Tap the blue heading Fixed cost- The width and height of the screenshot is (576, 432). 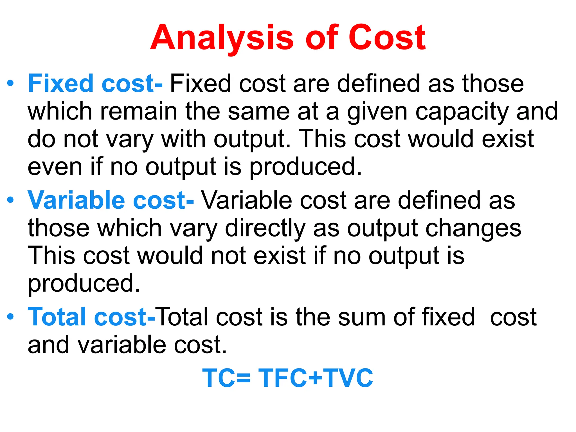[95, 84]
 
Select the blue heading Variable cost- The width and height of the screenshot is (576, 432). [111, 200]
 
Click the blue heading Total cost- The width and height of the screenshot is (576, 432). [91, 317]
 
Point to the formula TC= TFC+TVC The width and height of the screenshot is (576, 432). [287, 378]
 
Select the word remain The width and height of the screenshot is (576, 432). [139, 111]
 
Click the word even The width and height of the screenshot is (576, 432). [55, 167]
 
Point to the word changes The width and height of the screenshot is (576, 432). [473, 228]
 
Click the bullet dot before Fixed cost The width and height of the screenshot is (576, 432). [10, 83]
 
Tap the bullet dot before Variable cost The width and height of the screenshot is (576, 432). [10, 200]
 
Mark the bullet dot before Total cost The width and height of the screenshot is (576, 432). [10, 317]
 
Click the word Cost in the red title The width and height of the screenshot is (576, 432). [387, 38]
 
